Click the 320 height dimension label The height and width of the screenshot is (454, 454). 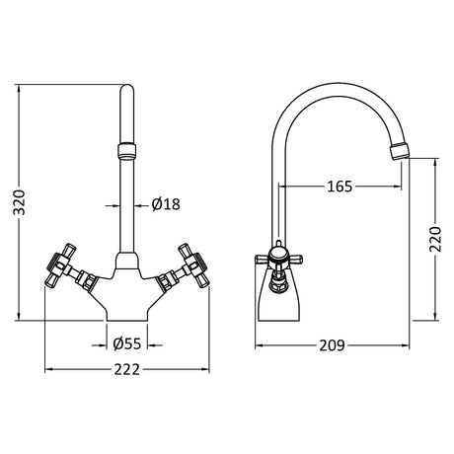coord(19,202)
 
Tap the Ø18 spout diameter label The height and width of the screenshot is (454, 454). coord(166,204)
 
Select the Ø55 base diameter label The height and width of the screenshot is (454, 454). coord(127,344)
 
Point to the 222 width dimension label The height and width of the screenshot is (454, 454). coord(127,369)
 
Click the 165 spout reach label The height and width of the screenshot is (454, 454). coord(340,187)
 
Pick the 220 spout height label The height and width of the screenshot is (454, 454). coord(435,239)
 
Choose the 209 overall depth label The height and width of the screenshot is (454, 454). coord(332,345)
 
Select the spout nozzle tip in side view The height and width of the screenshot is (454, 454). coord(400,152)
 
